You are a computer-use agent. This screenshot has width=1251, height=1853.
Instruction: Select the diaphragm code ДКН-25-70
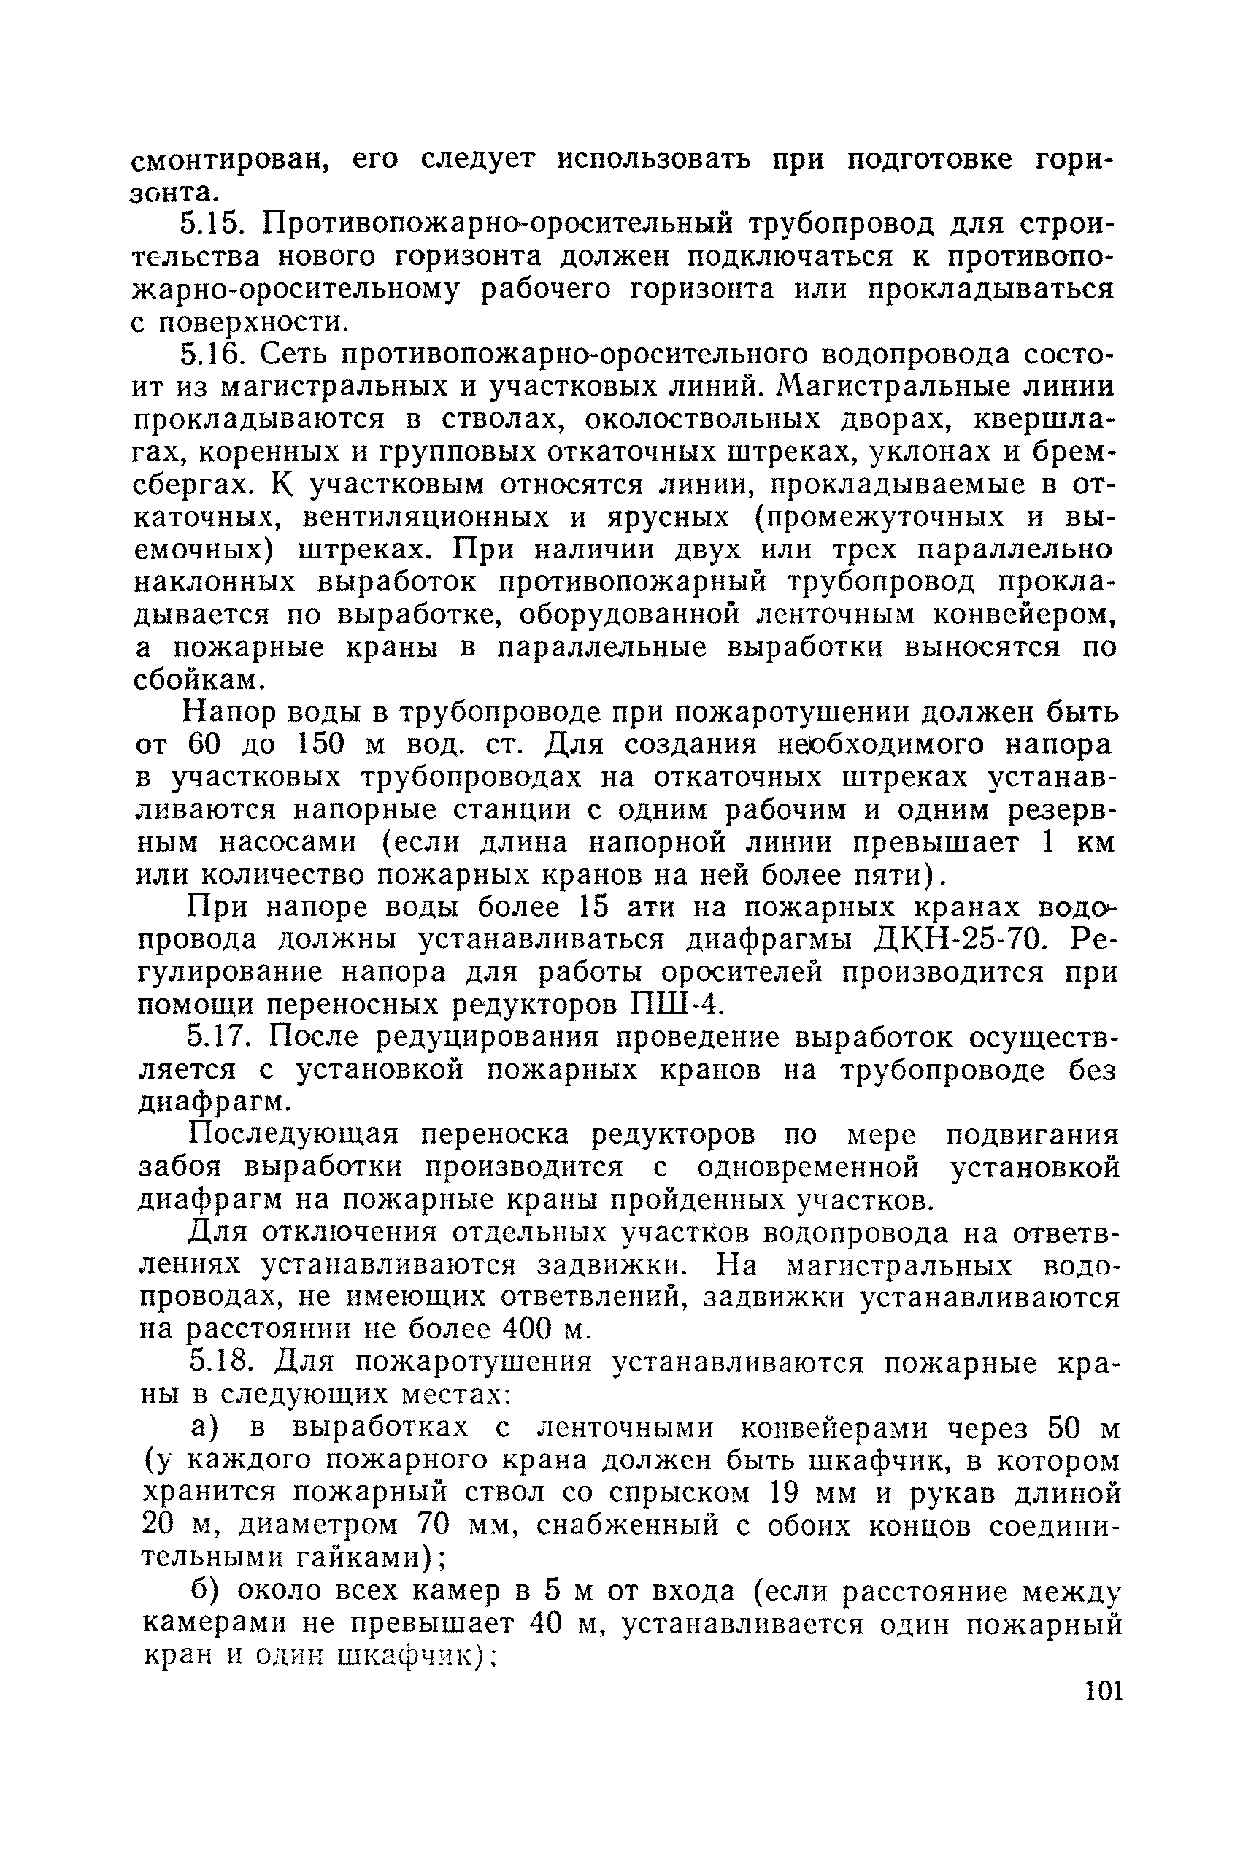coord(955,940)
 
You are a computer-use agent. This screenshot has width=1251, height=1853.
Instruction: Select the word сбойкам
coord(199,679)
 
